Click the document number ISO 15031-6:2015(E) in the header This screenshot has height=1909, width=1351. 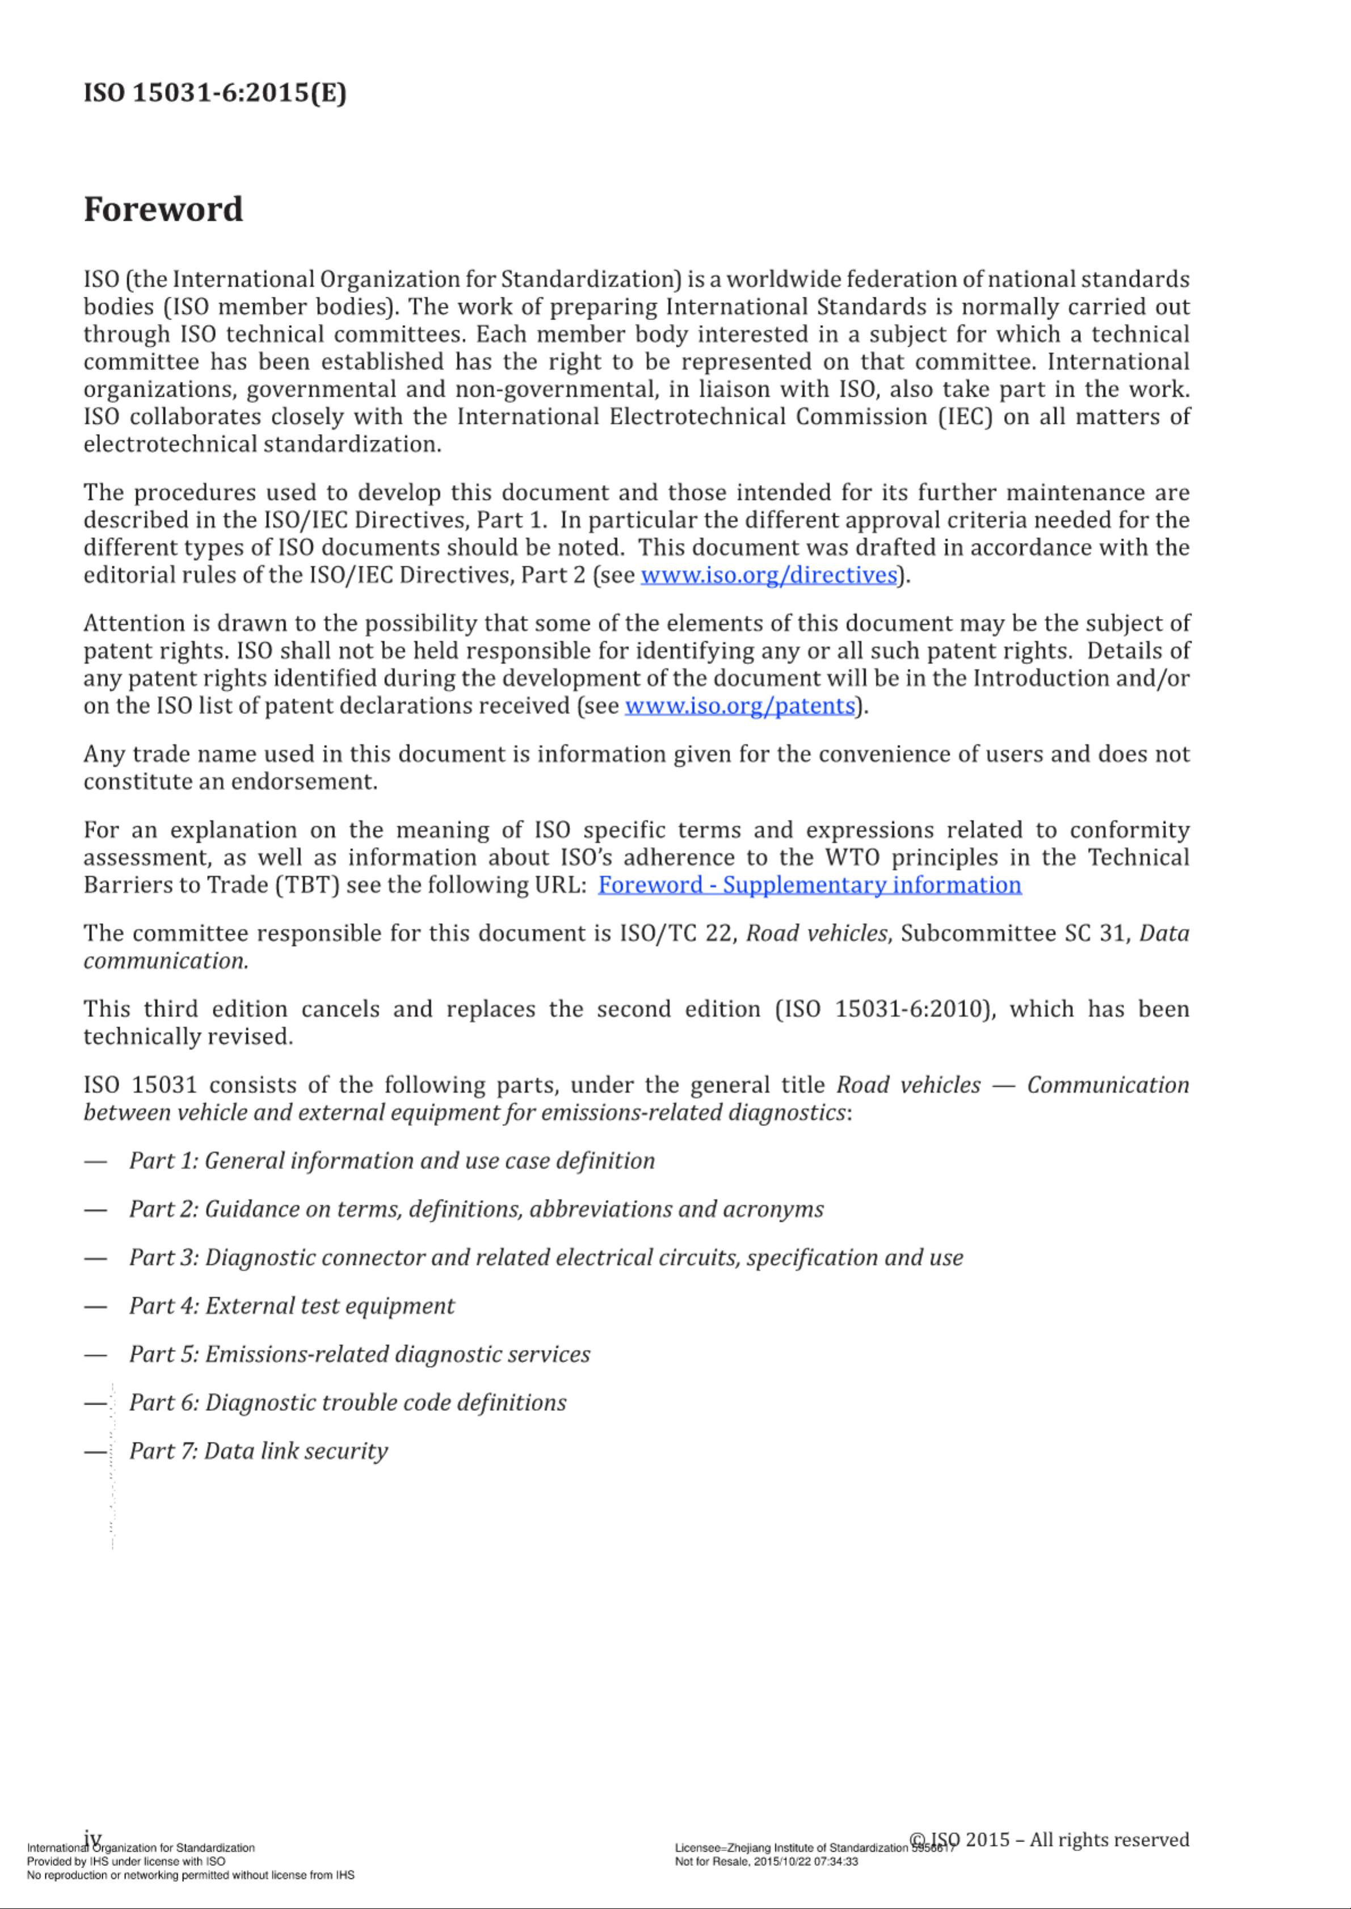[214, 92]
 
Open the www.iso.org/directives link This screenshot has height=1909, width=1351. [769, 575]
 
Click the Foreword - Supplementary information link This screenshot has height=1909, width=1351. [810, 884]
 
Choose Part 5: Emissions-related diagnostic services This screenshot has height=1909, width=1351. [359, 1354]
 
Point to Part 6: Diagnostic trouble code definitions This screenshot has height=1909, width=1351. [348, 1402]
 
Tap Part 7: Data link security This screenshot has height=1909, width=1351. [259, 1450]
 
